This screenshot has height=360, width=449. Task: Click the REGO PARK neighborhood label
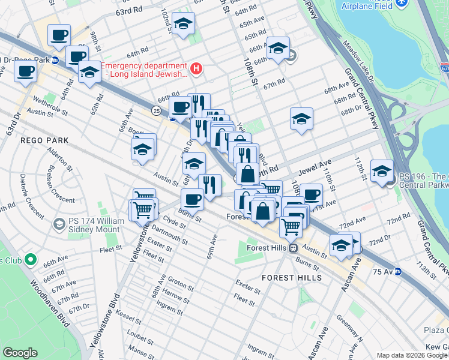click(46, 140)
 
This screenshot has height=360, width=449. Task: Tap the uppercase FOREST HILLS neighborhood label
click(292, 278)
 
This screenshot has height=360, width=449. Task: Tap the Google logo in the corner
click(20, 353)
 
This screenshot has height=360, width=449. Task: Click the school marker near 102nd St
click(183, 25)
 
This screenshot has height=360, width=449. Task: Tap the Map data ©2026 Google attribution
click(412, 355)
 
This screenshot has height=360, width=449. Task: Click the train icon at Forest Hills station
click(293, 248)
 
